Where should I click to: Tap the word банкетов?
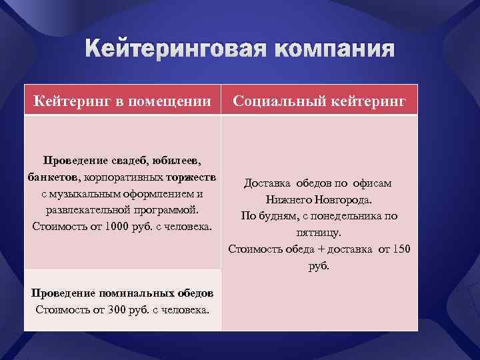pos(53,177)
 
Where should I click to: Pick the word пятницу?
pos(319,233)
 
